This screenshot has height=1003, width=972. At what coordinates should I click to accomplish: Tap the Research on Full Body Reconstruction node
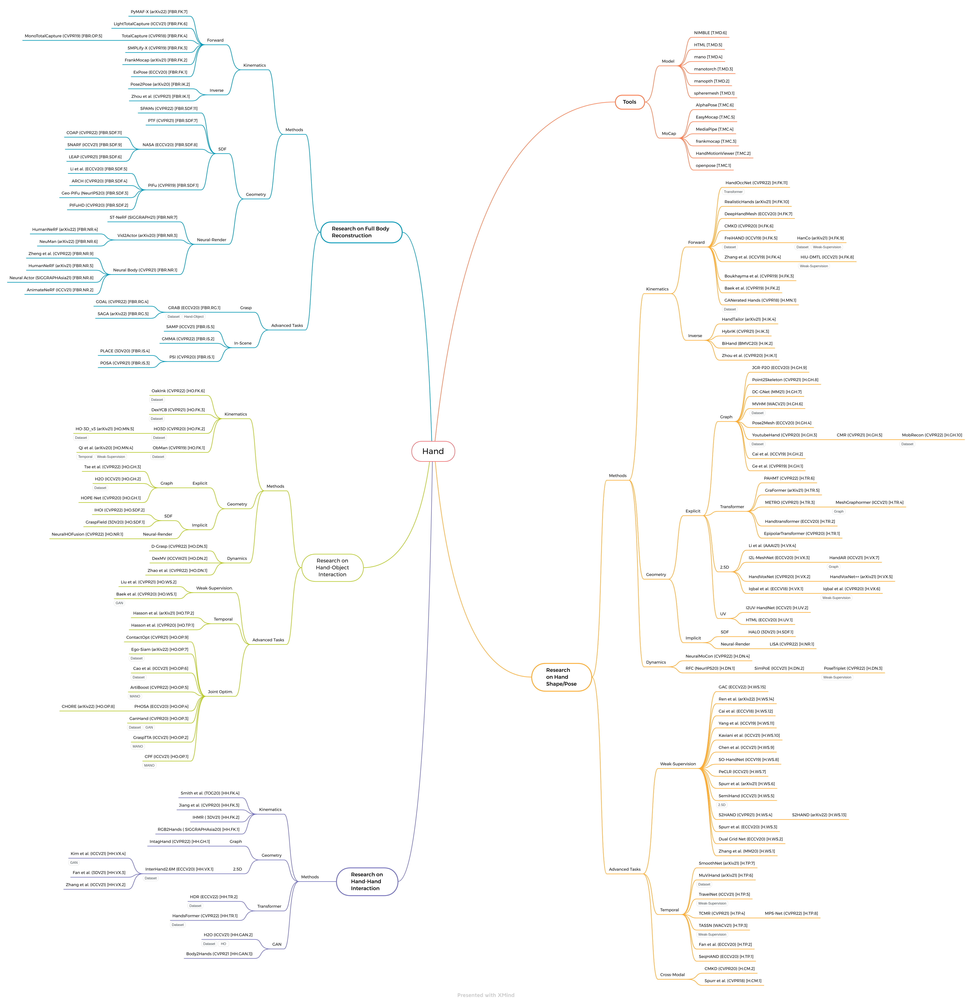[x=361, y=232]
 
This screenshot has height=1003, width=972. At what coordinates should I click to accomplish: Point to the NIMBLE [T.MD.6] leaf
[x=710, y=33]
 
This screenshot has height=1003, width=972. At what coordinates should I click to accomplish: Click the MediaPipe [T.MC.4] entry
[x=714, y=129]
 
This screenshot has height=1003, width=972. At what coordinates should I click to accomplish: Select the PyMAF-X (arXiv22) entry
[x=159, y=12]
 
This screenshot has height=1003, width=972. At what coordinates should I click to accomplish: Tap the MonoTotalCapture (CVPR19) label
[x=64, y=36]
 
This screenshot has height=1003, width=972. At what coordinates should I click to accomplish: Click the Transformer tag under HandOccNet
[x=733, y=192]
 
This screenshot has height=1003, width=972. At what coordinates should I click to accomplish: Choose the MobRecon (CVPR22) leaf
[x=932, y=435]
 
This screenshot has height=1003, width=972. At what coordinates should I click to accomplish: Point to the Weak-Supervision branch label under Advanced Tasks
[x=678, y=764]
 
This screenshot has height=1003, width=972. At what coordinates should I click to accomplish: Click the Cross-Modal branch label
[x=672, y=975]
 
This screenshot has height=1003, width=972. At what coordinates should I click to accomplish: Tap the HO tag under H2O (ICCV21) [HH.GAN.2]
[x=223, y=944]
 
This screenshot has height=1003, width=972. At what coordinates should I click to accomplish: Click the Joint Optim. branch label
[x=220, y=692]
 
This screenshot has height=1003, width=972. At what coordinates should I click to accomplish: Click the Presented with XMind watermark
[x=486, y=995]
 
